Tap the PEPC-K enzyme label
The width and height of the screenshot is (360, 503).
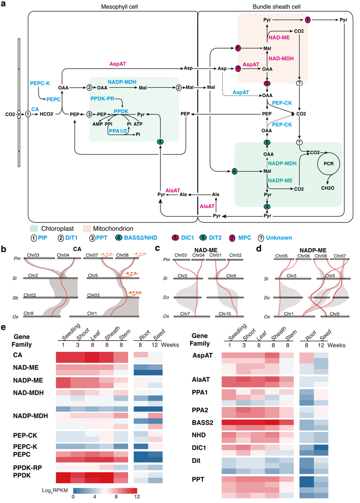pos(40,84)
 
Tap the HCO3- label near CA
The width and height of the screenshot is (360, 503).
pos(48,114)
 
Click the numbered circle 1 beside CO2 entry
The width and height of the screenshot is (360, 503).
pos(28,114)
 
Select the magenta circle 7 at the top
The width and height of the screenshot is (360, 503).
pos(308,20)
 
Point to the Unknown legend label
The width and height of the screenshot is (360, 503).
pos(280,237)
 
